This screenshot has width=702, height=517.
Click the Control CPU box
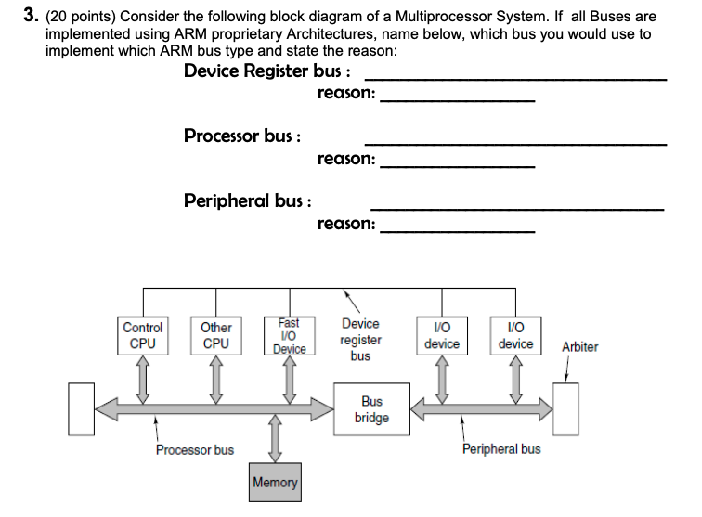point(143,336)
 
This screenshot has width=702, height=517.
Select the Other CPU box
point(216,336)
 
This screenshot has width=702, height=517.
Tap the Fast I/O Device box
point(289,336)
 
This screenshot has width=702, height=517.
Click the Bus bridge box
point(371,409)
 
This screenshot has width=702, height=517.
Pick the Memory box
point(275,483)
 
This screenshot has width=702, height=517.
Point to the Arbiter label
point(580,347)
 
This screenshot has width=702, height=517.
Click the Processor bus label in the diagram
point(195,450)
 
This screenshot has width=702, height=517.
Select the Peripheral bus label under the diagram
point(501,449)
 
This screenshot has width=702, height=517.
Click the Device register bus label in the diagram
point(360,339)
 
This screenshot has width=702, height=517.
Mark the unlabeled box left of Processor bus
point(82,408)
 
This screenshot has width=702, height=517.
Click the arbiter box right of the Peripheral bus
point(565,408)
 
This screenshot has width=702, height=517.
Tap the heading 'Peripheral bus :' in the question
point(247,200)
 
